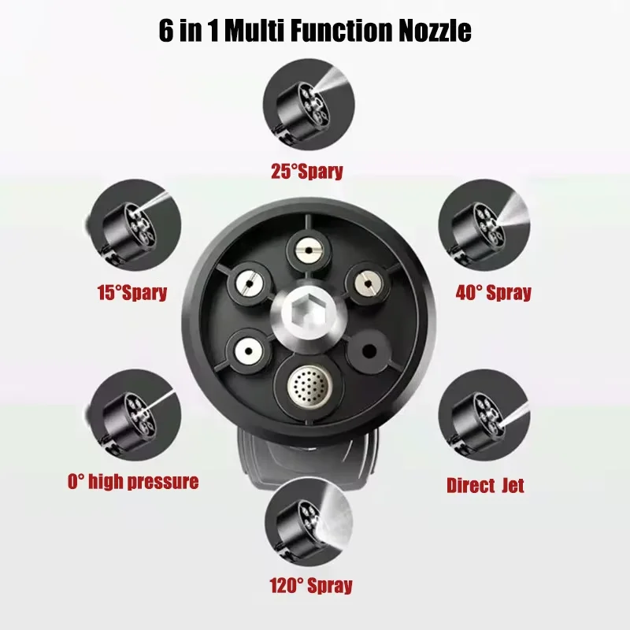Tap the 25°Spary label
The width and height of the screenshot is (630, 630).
306,171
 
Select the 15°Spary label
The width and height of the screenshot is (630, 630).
132,293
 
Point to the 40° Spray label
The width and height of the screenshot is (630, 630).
493,293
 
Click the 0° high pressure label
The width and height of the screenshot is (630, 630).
132,481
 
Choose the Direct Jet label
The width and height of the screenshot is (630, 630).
485,484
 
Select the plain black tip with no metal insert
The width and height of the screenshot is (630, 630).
369,350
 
